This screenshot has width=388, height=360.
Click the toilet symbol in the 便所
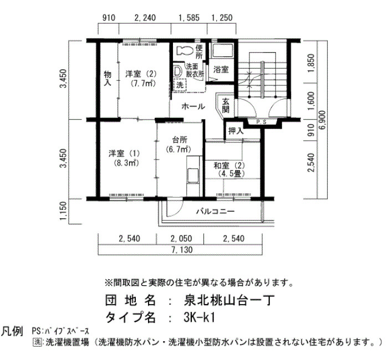tap(185, 51)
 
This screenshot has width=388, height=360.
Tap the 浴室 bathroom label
tap(221, 69)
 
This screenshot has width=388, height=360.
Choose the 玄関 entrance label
tap(226, 105)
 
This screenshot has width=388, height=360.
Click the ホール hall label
tap(193, 106)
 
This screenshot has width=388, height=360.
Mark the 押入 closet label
tap(236, 131)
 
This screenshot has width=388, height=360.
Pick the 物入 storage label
tap(108, 78)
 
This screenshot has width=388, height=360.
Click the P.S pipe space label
tap(261, 122)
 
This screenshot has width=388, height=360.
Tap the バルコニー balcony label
tap(215, 212)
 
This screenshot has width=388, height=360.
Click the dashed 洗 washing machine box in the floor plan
tap(180, 85)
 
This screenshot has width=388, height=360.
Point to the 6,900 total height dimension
tap(323, 120)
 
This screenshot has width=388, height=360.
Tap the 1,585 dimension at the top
tap(189, 18)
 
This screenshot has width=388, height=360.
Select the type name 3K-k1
tap(198, 317)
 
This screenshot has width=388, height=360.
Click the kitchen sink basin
tap(193, 176)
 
